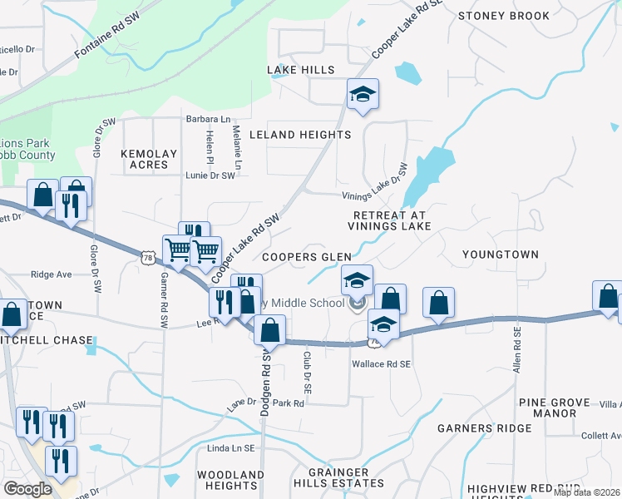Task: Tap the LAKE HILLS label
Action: [300, 71]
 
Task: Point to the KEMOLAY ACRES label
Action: [150, 160]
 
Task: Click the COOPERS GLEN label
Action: [307, 258]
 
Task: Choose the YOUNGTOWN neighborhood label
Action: [501, 254]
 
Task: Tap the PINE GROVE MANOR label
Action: [547, 408]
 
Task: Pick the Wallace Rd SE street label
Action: [382, 364]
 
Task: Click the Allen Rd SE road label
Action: [517, 348]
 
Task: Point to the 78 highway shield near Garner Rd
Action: [147, 259]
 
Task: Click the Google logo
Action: [28, 489]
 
